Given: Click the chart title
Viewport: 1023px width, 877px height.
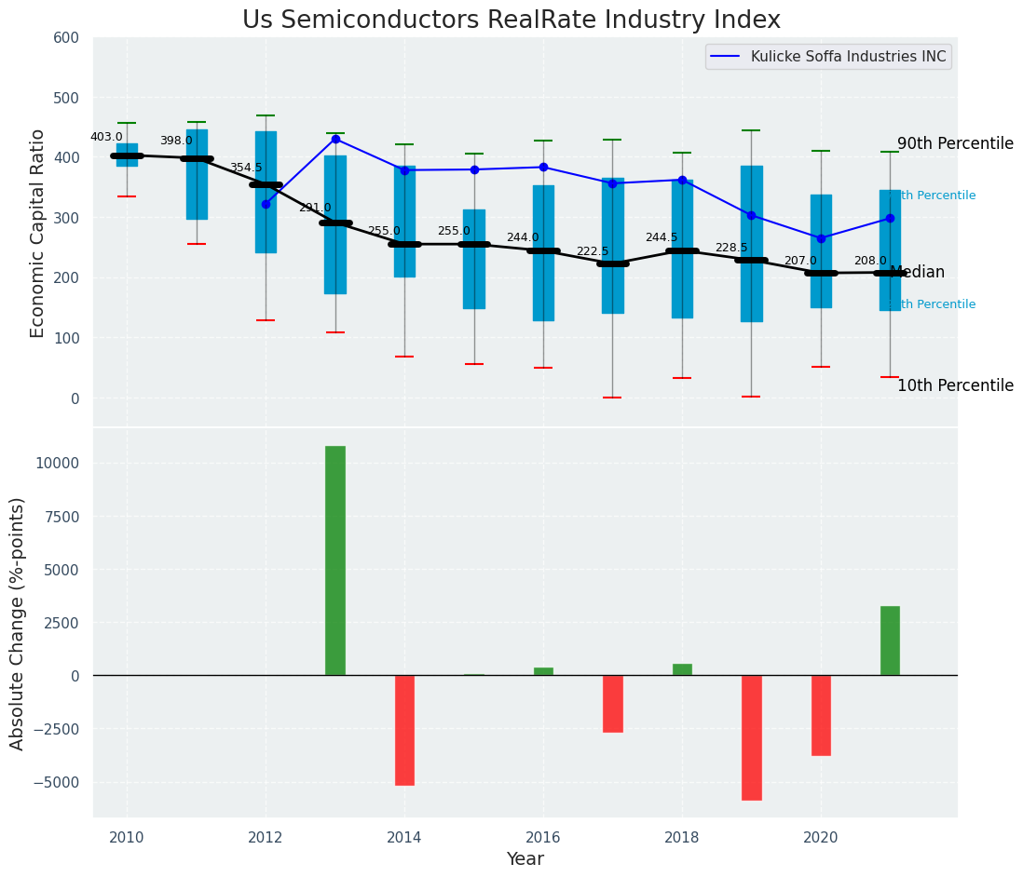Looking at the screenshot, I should point(511,20).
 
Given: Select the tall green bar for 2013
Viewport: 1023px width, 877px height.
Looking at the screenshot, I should point(335,560).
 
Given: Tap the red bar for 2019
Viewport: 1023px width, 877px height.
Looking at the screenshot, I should point(752,737).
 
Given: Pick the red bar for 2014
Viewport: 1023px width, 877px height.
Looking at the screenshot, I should point(404,730).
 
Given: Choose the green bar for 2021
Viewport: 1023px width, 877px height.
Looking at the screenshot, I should point(890,641).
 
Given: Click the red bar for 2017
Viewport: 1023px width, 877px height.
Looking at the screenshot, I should point(612,704).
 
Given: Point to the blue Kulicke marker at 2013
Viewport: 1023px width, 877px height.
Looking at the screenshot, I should point(335,140).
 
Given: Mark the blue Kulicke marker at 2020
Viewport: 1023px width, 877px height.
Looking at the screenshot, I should point(821,238).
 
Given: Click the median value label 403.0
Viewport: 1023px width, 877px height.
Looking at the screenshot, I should point(106,137).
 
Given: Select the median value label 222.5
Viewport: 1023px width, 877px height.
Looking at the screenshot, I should point(593,251).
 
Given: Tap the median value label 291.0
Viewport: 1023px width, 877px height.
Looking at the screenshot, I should point(315,208).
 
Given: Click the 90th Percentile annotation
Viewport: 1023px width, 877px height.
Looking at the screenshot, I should point(955,143).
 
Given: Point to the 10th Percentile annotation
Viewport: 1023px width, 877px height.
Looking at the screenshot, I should point(955,385).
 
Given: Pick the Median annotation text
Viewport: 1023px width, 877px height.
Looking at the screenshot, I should point(918,273).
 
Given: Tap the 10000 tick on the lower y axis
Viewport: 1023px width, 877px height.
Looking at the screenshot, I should point(62,464).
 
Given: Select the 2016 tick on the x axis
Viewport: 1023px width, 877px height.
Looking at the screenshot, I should point(543,837).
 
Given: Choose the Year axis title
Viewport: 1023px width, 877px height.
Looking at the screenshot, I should point(525,859).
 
